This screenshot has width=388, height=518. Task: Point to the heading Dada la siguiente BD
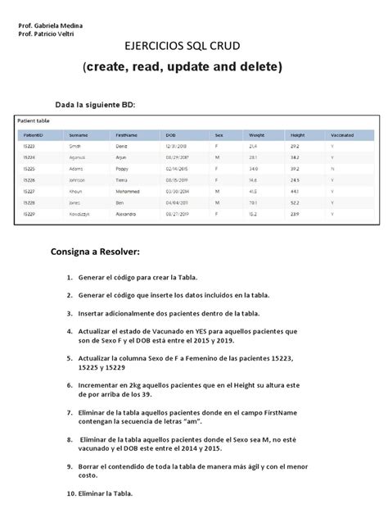pyautogui.click(x=95, y=105)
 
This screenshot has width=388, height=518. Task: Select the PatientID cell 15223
pyautogui.click(x=29, y=145)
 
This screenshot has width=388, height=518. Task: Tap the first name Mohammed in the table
pyautogui.click(x=129, y=190)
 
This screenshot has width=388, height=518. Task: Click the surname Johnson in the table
pyautogui.click(x=79, y=179)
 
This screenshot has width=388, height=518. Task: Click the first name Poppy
pyautogui.click(x=123, y=167)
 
